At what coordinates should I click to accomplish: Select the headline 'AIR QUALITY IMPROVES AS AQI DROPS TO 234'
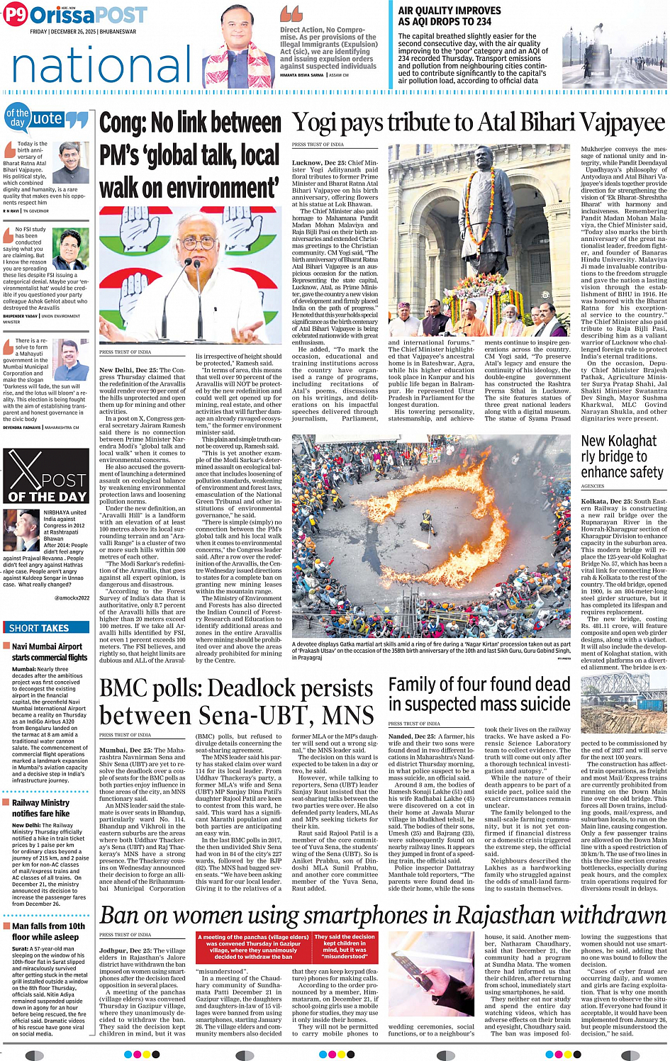point(454,16)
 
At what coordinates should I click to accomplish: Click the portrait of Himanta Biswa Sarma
point(239,44)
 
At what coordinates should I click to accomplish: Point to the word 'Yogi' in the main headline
point(316,123)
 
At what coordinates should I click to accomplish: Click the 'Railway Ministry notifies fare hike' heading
point(40,808)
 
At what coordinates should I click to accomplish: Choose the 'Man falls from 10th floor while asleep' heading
point(48,931)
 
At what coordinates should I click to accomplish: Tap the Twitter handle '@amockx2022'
point(72,597)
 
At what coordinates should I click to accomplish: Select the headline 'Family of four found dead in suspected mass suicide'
point(479,694)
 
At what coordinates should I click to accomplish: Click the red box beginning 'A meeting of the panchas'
point(252,946)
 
